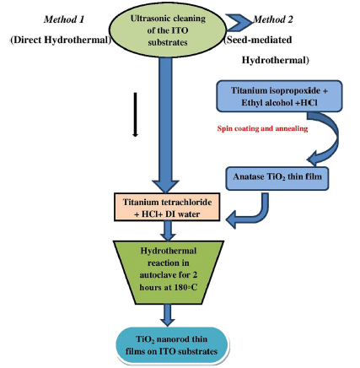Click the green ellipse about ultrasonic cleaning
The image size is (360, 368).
pos(168,30)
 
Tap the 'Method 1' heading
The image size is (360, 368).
pos(64,19)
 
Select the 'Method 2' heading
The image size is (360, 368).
pos(273,19)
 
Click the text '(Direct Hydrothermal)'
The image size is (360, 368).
pos(61,40)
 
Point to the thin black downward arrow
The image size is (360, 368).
pos(136,115)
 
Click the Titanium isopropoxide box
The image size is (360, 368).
pos(279,96)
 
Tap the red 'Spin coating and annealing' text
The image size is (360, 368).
pos(262,128)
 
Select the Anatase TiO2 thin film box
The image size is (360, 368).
pos(277,179)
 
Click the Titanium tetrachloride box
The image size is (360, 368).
pos(167,207)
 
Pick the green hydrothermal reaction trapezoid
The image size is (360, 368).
pos(168,272)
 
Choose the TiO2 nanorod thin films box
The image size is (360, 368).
pos(172,345)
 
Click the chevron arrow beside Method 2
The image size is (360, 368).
pos(239,23)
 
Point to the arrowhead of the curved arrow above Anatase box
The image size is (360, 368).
pos(313,160)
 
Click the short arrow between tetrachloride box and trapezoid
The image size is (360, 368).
pos(168,230)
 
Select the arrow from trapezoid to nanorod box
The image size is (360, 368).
pos(168,316)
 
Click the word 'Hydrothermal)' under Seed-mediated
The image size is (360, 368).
pos(275,60)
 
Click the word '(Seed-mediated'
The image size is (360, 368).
pos(258,40)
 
